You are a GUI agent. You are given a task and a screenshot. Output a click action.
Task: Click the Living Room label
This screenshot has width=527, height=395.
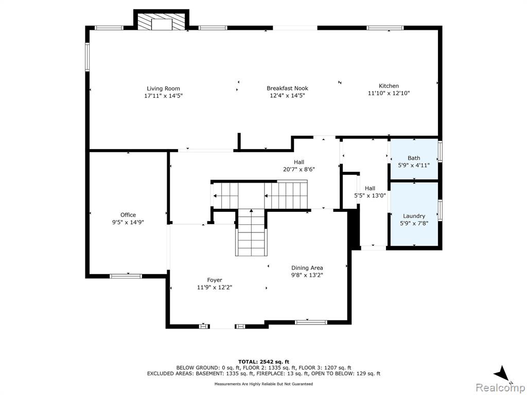(x=163, y=88)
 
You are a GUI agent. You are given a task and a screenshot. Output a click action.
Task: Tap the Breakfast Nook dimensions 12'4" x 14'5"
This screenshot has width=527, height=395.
(x=287, y=95)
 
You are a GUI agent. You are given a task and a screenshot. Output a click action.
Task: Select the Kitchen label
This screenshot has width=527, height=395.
(x=389, y=86)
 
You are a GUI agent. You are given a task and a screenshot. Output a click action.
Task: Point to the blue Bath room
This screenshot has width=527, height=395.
(x=414, y=159)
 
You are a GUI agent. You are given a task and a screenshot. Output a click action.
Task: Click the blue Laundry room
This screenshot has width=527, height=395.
(x=414, y=214)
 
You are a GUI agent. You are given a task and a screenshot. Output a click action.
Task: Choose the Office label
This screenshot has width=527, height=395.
(x=128, y=215)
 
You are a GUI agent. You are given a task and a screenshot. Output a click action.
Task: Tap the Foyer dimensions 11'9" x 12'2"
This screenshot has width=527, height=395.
(x=215, y=287)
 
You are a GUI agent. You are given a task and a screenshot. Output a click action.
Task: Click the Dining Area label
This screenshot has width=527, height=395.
(x=307, y=267)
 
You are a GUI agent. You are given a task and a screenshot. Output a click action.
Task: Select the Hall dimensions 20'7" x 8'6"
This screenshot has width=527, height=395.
(x=299, y=169)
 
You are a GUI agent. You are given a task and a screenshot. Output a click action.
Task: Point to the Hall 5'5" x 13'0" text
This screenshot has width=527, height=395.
(x=370, y=192)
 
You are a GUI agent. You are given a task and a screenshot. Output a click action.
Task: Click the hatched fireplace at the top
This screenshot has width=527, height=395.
(x=162, y=22)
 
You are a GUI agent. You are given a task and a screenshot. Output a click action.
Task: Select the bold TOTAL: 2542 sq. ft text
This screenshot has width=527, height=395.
(x=263, y=362)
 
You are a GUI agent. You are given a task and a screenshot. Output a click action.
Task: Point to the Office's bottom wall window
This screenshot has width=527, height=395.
(x=126, y=276)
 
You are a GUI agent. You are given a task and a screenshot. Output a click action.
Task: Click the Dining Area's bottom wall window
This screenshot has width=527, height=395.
(x=311, y=322)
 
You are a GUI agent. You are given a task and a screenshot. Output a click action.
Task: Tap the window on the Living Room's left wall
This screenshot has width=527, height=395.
(x=87, y=57)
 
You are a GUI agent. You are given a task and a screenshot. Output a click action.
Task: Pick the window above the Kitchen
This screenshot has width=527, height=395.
(x=385, y=28)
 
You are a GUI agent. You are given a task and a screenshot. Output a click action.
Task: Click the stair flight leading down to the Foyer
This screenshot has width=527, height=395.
(x=251, y=232)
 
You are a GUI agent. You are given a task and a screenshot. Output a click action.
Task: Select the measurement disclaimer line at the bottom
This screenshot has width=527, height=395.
(x=263, y=384)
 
